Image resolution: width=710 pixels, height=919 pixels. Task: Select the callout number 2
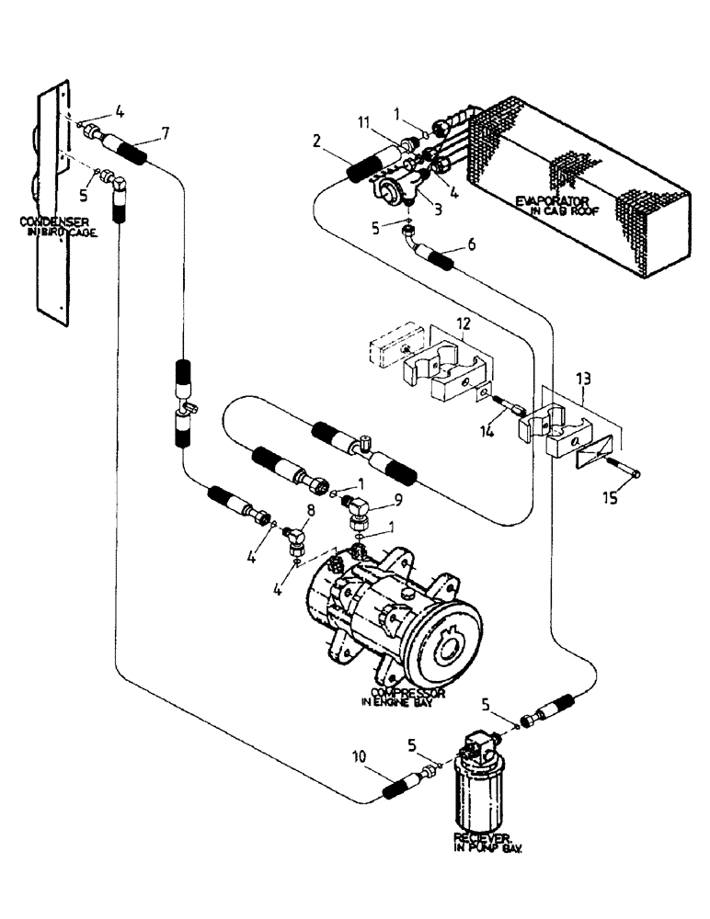click(x=316, y=142)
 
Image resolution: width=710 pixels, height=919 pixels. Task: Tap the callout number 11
click(x=363, y=121)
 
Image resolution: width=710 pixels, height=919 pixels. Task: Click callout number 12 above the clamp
click(x=463, y=323)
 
